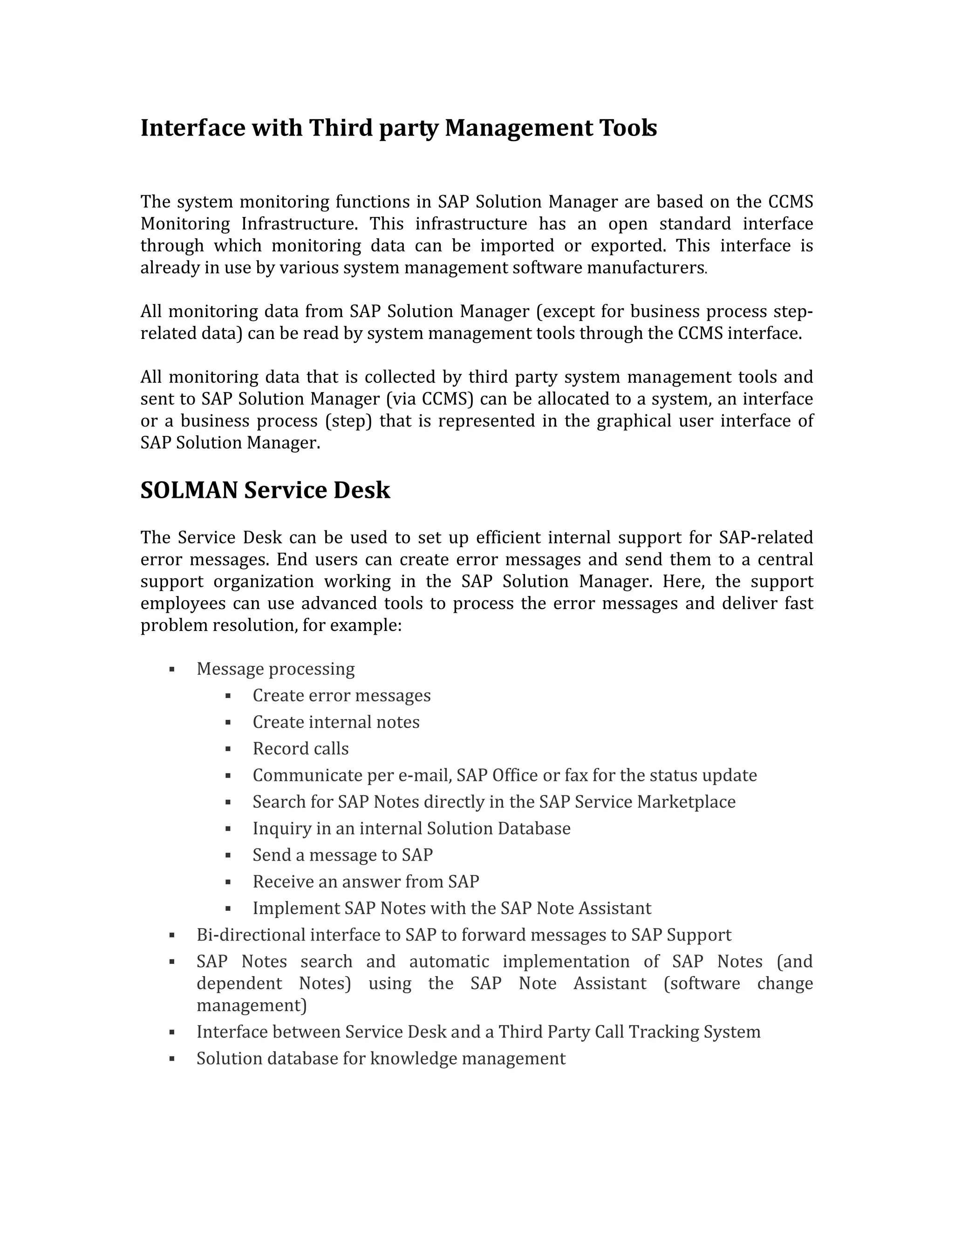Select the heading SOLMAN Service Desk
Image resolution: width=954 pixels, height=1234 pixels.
(x=265, y=490)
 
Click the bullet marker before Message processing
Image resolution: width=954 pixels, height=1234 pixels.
(x=172, y=670)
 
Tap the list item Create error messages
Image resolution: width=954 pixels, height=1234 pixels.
(x=341, y=696)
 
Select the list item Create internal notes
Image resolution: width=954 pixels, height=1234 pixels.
(x=336, y=722)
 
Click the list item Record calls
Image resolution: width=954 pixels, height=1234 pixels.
(x=300, y=749)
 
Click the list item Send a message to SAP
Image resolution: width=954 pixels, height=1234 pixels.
(x=342, y=855)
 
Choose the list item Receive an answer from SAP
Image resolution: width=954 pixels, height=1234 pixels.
(x=365, y=881)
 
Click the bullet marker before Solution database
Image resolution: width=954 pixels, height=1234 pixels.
(x=172, y=1059)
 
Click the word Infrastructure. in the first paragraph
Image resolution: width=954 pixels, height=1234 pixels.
(x=299, y=224)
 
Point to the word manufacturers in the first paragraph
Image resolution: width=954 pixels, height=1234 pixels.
(x=646, y=267)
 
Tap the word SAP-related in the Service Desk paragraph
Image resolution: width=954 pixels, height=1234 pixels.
(x=765, y=537)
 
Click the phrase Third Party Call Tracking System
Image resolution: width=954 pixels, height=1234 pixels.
(x=629, y=1032)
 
